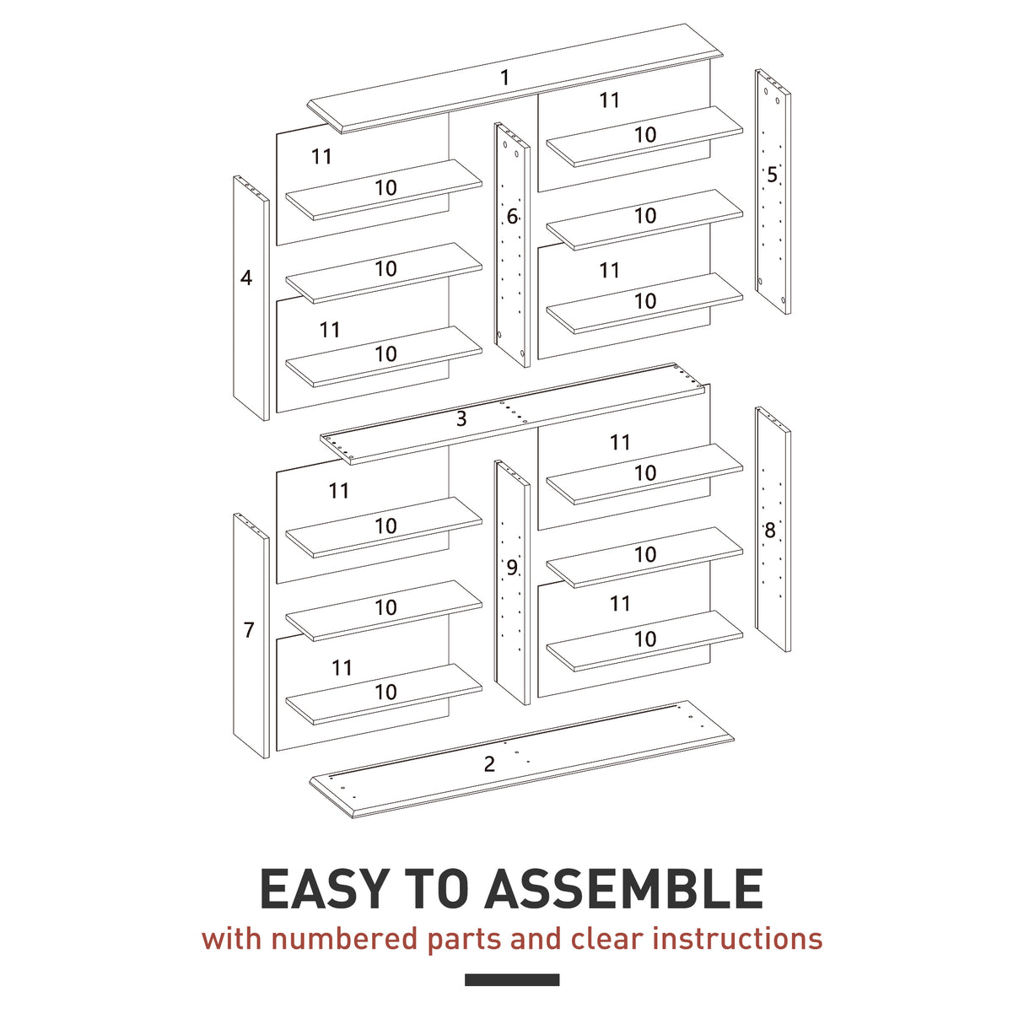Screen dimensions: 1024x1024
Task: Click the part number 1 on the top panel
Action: coord(504,78)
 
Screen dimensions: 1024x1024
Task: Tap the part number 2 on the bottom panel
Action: coord(489,764)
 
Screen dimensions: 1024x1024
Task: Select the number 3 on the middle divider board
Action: coord(461,419)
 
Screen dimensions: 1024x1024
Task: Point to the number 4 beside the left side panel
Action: coord(246,278)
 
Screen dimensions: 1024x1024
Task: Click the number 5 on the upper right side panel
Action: coord(772,175)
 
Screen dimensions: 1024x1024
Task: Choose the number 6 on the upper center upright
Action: coord(512,218)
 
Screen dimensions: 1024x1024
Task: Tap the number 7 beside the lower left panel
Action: coord(249,630)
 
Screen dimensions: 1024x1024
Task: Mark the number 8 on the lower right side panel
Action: coord(769,531)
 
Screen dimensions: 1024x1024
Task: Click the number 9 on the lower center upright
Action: coord(512,569)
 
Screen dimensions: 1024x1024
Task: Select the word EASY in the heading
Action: coord(324,890)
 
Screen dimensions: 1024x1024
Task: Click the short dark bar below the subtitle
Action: coord(512,979)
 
